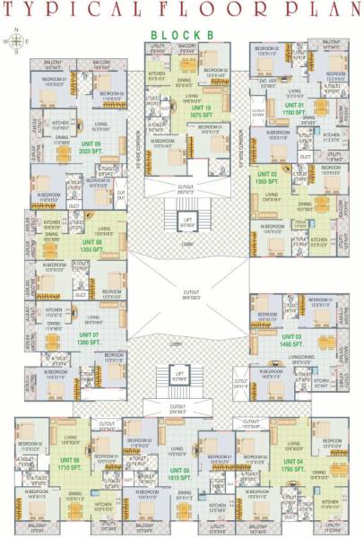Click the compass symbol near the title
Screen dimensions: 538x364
pyautogui.click(x=16, y=40)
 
